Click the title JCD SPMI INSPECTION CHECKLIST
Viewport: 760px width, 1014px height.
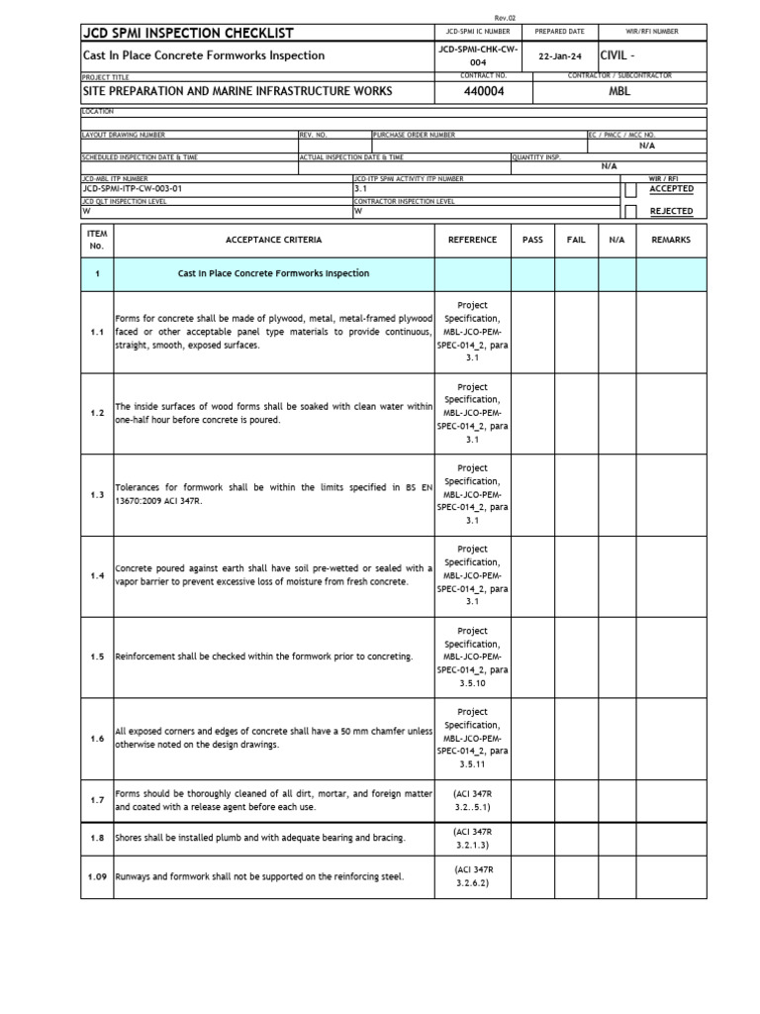point(188,34)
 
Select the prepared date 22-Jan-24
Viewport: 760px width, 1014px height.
point(561,56)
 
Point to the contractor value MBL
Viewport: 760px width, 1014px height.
point(619,91)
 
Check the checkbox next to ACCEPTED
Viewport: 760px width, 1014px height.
point(630,189)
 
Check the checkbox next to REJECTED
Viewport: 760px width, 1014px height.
point(630,211)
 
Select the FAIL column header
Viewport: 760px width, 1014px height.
point(576,240)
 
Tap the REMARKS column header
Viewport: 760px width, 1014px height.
point(671,240)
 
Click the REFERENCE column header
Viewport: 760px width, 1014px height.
point(472,240)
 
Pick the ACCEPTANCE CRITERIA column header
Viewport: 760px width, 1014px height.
point(274,240)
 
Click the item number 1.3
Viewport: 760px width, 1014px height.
point(97,494)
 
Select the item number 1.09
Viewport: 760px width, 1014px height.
point(97,876)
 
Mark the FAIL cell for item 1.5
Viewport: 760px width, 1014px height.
point(576,657)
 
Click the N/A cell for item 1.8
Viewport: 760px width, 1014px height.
point(617,839)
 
